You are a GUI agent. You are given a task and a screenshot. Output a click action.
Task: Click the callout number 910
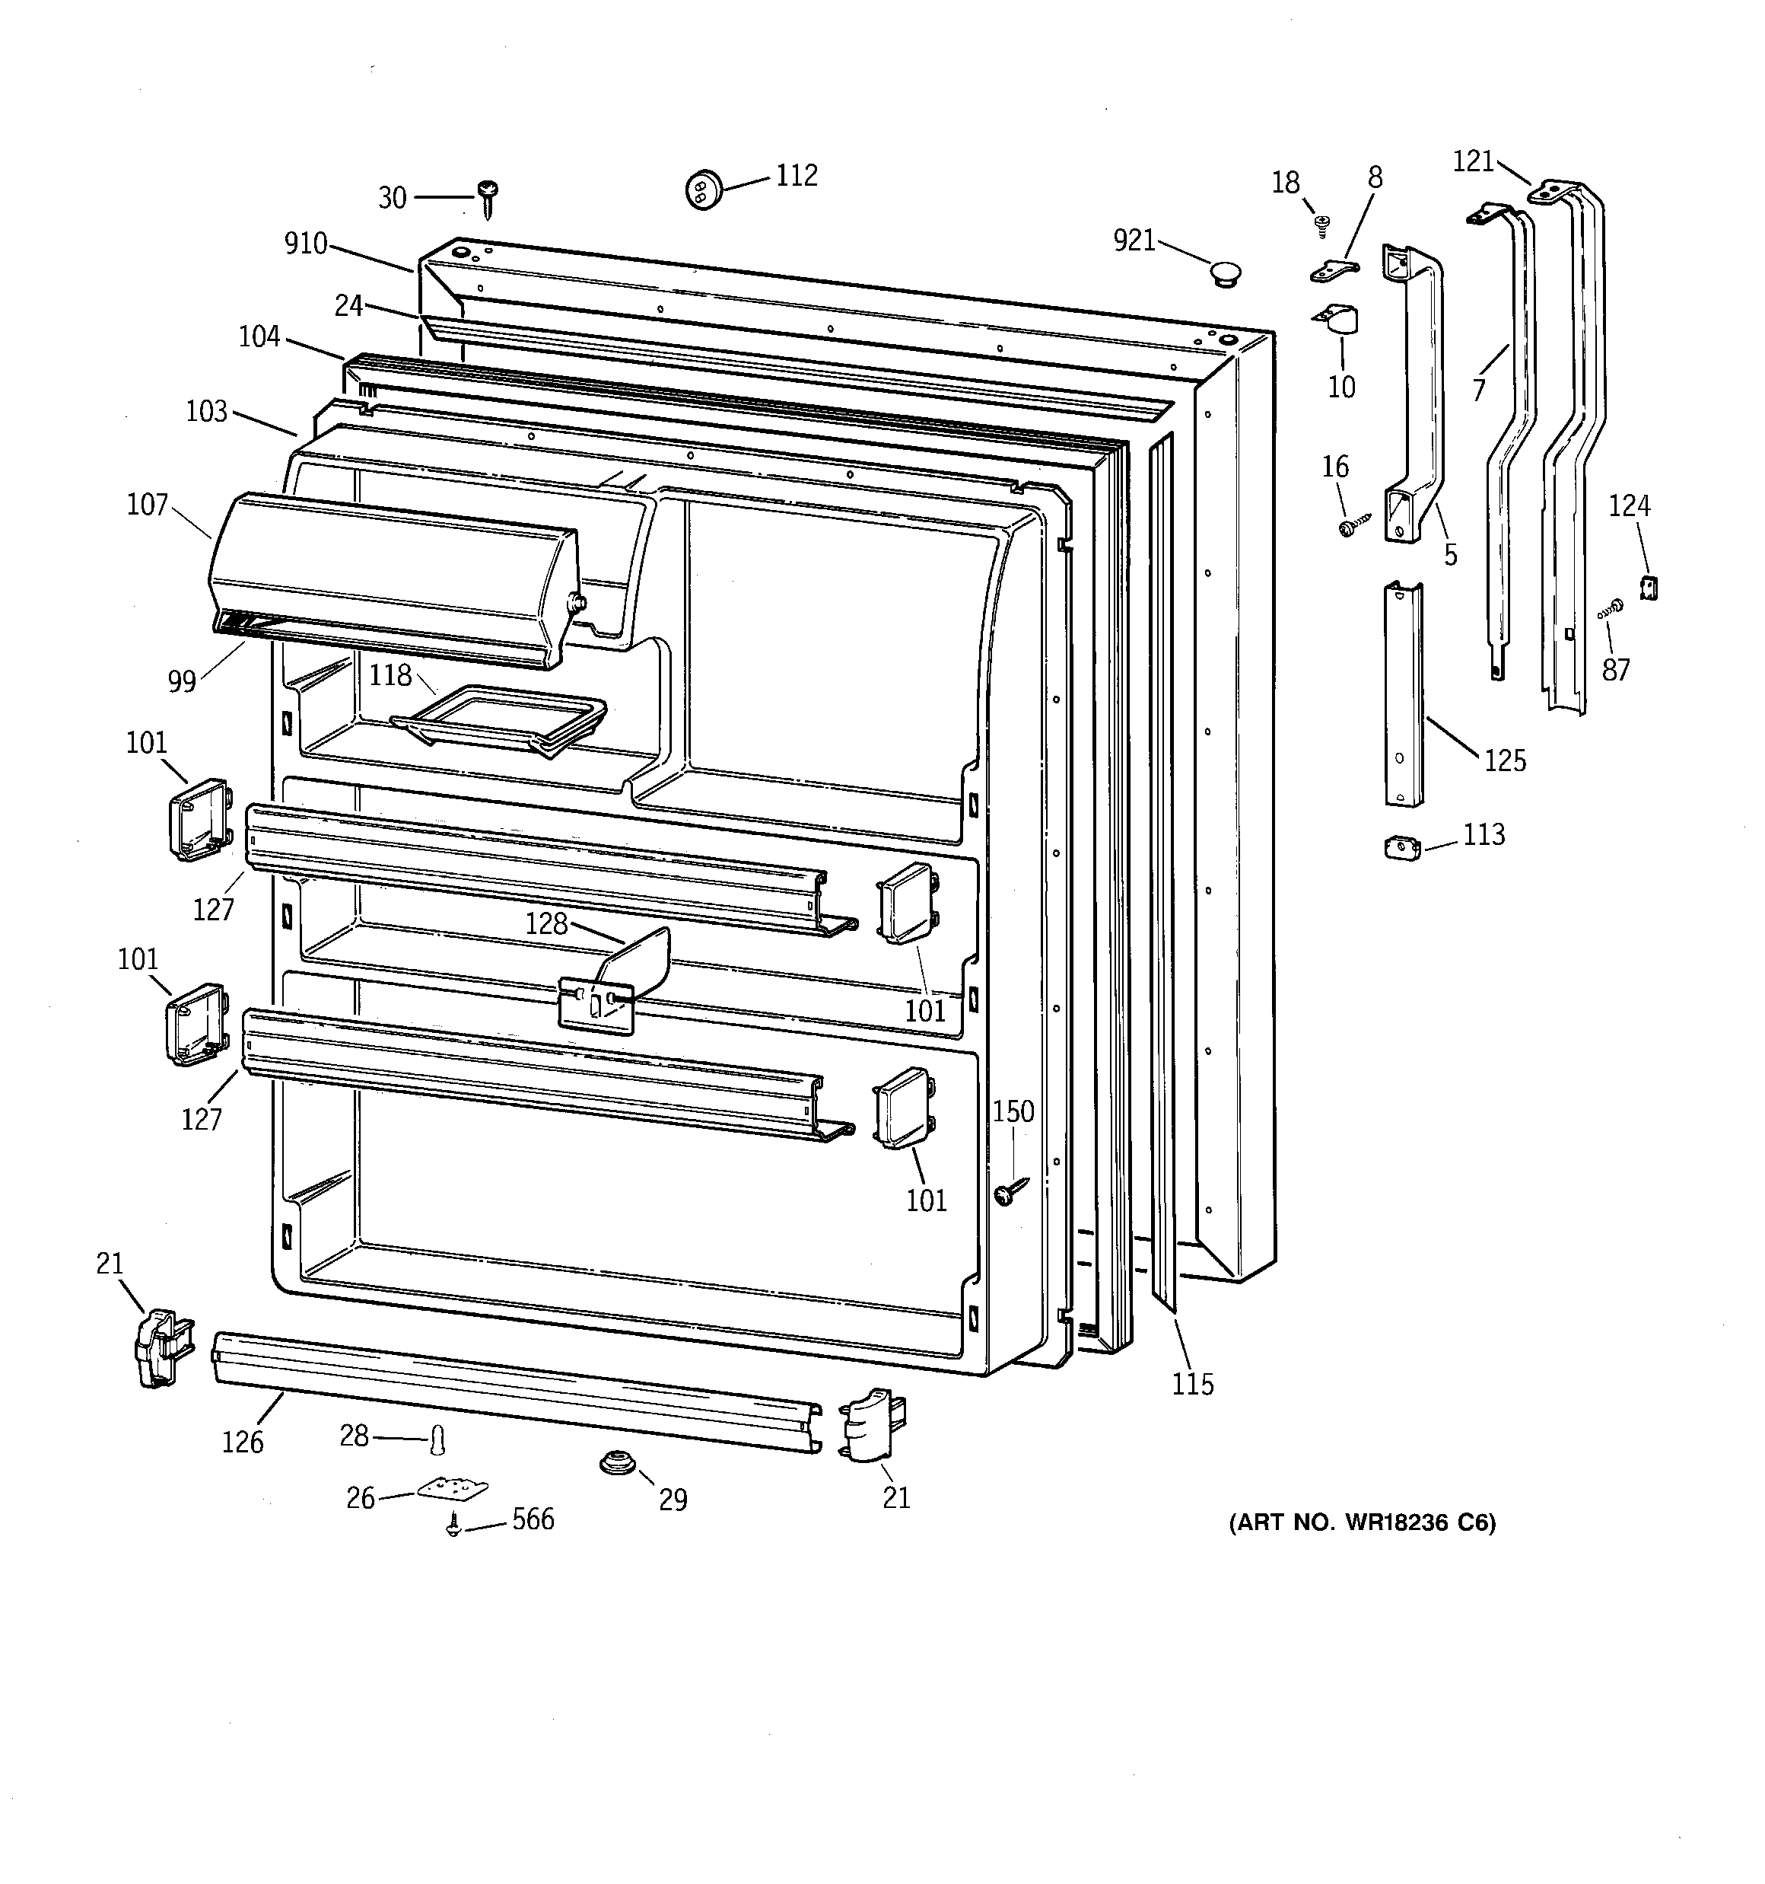pyautogui.click(x=305, y=244)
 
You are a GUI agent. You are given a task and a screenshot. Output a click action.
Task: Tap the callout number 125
pyautogui.click(x=1505, y=760)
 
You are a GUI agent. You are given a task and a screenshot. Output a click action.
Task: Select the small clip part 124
pyautogui.click(x=1649, y=588)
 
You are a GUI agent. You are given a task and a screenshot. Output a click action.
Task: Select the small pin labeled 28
pyautogui.click(x=437, y=1439)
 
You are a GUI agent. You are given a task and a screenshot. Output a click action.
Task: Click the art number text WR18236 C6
pyautogui.click(x=1362, y=1523)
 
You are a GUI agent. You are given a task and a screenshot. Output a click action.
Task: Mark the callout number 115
pyautogui.click(x=1192, y=1385)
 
